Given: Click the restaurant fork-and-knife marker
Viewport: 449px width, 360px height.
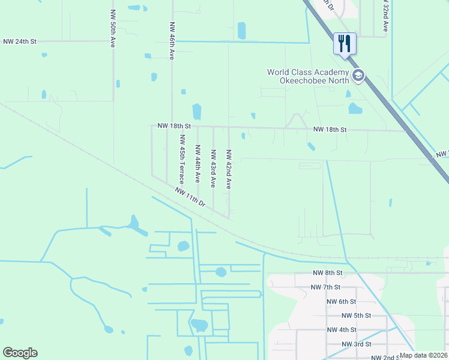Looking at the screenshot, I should pyautogui.click(x=345, y=44).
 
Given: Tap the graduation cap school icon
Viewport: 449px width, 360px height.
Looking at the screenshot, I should pyautogui.click(x=358, y=76).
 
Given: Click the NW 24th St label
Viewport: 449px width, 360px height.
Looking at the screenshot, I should pyautogui.click(x=20, y=41).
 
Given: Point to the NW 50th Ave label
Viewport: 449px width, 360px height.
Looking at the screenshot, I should pyautogui.click(x=112, y=28).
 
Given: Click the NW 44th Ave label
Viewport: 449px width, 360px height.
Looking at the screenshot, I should pyautogui.click(x=197, y=163).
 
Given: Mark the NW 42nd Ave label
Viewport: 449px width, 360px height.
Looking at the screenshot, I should pyautogui.click(x=228, y=169).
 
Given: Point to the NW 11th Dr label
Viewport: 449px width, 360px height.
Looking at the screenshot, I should pyautogui.click(x=191, y=197).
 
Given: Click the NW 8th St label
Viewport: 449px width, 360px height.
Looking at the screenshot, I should pyautogui.click(x=327, y=272).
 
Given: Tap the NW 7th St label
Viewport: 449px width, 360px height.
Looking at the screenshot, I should pyautogui.click(x=326, y=287).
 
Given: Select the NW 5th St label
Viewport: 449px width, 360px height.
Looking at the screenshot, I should pyautogui.click(x=357, y=316).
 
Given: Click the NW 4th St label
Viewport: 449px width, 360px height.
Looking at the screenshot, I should pyautogui.click(x=342, y=330).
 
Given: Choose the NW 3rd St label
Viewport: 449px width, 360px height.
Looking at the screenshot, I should pyautogui.click(x=357, y=344).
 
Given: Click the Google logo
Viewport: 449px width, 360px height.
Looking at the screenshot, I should pyautogui.click(x=20, y=353).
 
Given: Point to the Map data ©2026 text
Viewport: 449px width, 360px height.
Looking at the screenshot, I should pyautogui.click(x=424, y=355).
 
